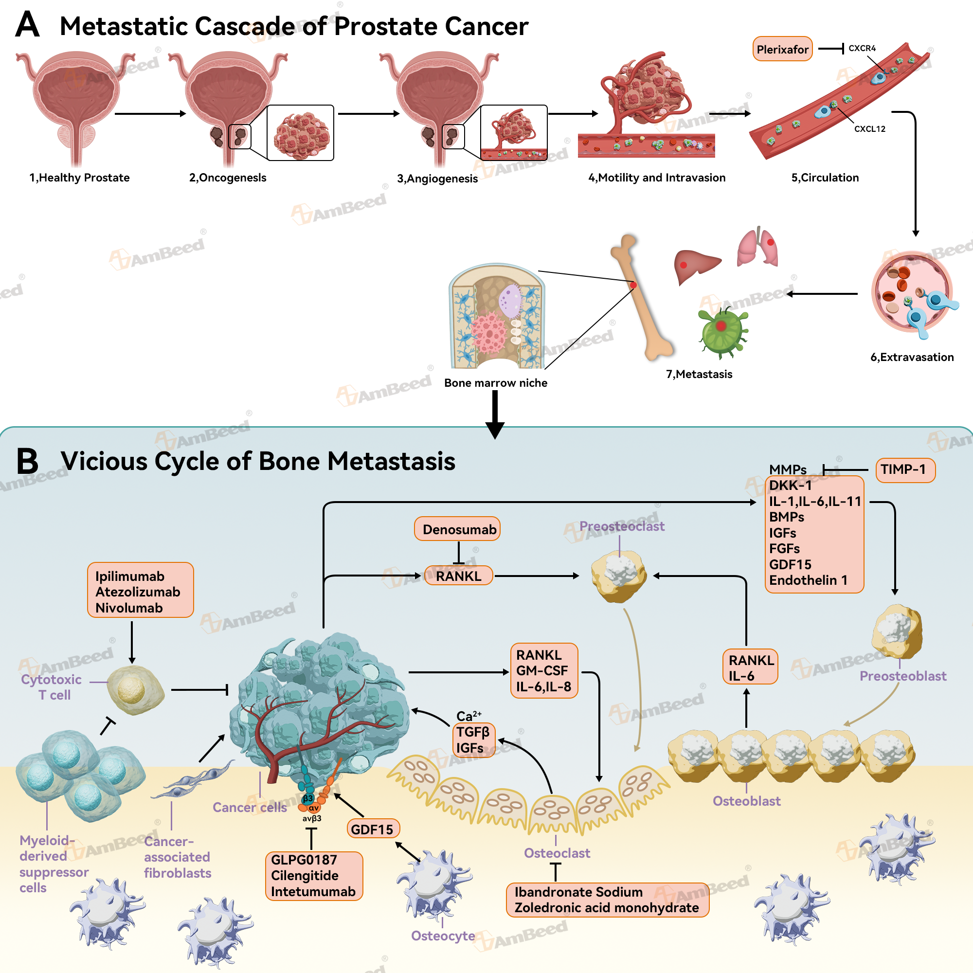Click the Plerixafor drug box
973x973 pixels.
click(x=782, y=49)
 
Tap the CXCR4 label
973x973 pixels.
click(x=862, y=48)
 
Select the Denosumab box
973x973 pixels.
click(x=459, y=529)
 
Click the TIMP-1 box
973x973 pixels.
click(x=905, y=469)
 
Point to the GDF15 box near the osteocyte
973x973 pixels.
click(x=372, y=829)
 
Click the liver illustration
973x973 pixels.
click(x=696, y=266)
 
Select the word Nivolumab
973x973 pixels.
click(x=129, y=608)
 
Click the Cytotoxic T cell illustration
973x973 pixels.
click(x=135, y=689)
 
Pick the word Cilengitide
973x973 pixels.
click(x=305, y=875)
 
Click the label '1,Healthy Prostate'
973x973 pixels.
click(x=79, y=178)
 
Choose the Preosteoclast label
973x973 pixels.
click(x=621, y=526)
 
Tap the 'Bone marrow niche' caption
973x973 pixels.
click(x=496, y=383)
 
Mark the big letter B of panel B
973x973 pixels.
click(x=27, y=461)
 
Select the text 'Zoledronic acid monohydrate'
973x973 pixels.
click(x=606, y=907)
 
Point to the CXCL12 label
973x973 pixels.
click(x=869, y=129)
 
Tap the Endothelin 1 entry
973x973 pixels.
click(x=808, y=580)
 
